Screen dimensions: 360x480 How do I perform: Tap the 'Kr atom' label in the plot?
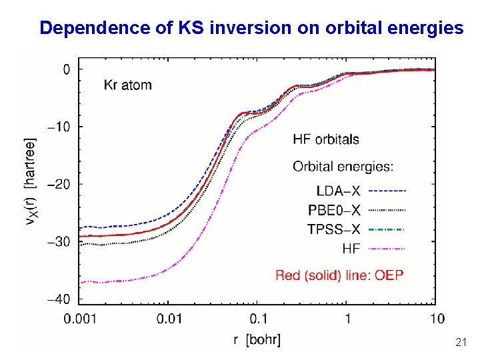click(x=127, y=85)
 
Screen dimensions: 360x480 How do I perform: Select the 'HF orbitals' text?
click(x=326, y=139)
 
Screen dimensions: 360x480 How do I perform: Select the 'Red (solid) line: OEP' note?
click(x=339, y=275)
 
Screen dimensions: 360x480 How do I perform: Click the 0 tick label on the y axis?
click(x=66, y=69)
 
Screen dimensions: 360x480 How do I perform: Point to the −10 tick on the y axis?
click(x=58, y=127)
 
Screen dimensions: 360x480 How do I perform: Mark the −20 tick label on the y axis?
click(x=58, y=184)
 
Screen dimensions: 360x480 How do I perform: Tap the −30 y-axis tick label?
click(x=58, y=241)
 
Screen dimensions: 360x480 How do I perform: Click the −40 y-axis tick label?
click(x=58, y=299)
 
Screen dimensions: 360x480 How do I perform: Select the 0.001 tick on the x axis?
click(x=81, y=318)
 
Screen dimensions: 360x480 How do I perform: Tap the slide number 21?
click(x=460, y=343)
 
